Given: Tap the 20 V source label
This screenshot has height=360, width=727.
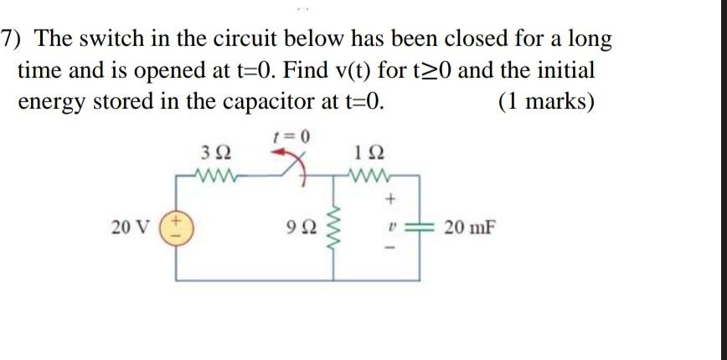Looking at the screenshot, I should [x=131, y=227].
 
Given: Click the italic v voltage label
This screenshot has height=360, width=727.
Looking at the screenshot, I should [x=391, y=226].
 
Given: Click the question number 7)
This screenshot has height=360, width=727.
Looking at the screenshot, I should [x=13, y=39].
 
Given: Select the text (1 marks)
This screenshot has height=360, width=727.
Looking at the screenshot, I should [x=545, y=101].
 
